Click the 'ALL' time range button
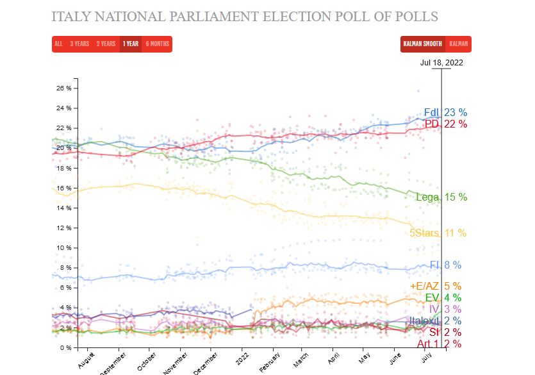pyautogui.click(x=58, y=44)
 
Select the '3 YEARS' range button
pyautogui.click(x=79, y=44)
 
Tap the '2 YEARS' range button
pyautogui.click(x=106, y=44)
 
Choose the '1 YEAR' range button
pyautogui.click(x=131, y=44)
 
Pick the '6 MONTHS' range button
pyautogui.click(x=157, y=44)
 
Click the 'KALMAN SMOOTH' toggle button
pyautogui.click(x=422, y=44)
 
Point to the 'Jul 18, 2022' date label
pyautogui.click(x=441, y=63)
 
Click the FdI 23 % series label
pyautogui.click(x=445, y=113)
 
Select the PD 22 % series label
pyautogui.click(x=445, y=124)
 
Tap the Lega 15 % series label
pyautogui.click(x=441, y=197)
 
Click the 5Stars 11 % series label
pyautogui.click(x=438, y=233)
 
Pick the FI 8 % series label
pyautogui.click(x=445, y=265)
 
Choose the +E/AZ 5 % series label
pyautogui.click(x=435, y=287)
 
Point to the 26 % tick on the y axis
pyautogui.click(x=64, y=88)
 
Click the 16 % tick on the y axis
pyautogui.click(x=64, y=188)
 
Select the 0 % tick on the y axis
pyautogui.click(x=66, y=348)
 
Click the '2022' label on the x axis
pyautogui.click(x=243, y=358)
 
